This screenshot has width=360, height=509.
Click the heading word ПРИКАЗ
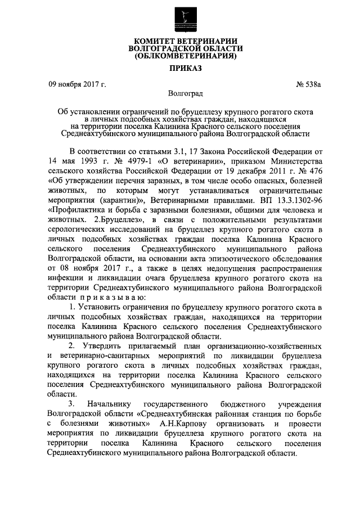click(179, 68)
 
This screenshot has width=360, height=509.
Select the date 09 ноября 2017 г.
click(77, 85)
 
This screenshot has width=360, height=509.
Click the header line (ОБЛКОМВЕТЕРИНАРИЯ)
click(179, 57)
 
